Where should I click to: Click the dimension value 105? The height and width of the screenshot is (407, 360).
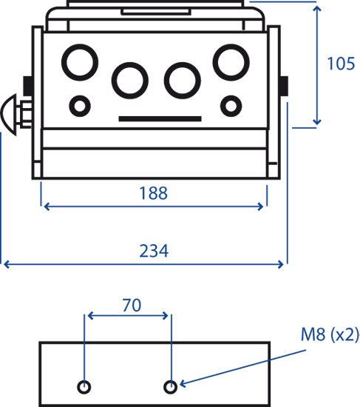341,64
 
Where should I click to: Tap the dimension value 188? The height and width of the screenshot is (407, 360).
153,193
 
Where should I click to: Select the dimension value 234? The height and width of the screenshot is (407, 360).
154,251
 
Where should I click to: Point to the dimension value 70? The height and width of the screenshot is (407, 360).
132,305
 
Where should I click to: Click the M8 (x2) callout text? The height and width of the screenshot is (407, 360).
330,334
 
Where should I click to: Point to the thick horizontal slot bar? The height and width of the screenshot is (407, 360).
160,119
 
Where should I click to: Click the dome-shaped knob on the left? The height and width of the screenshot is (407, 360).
10,115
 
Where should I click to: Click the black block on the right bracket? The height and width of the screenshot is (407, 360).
285,86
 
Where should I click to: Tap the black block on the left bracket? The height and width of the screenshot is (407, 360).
28,86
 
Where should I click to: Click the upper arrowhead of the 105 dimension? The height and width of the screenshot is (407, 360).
317,8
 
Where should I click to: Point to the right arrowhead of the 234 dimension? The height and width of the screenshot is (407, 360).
281,264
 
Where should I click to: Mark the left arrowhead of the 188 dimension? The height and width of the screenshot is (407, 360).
47,207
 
